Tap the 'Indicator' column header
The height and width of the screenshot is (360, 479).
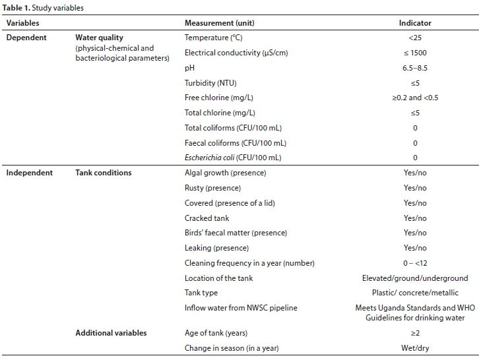(x=415, y=23)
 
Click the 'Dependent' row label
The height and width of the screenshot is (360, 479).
(x=26, y=38)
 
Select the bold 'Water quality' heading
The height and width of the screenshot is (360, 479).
(x=99, y=38)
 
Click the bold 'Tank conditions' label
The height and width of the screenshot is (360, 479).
(x=103, y=173)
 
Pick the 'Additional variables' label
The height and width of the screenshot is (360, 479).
(x=111, y=333)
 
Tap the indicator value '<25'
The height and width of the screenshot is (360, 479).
(x=415, y=38)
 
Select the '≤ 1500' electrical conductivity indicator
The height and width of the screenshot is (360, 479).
(x=415, y=53)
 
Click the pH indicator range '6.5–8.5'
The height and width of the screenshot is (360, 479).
(x=415, y=68)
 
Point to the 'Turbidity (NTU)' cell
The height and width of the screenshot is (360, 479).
(x=210, y=82)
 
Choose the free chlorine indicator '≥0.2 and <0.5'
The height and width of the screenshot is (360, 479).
(x=415, y=98)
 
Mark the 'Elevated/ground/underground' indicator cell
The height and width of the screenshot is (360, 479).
(x=415, y=278)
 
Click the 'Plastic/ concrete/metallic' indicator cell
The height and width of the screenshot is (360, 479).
(x=415, y=293)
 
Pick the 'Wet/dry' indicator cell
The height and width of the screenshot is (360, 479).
(x=415, y=347)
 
